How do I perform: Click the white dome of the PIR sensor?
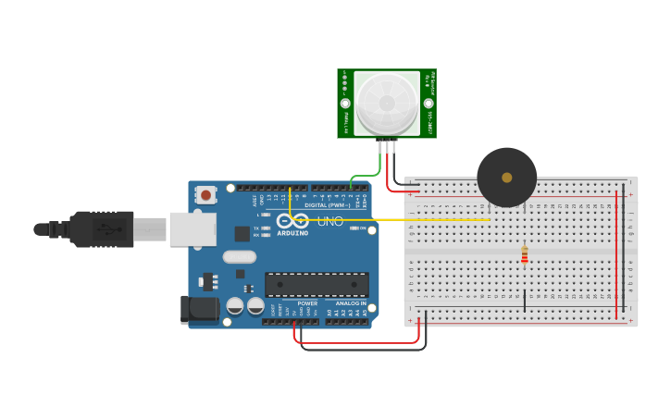(x=386, y=101)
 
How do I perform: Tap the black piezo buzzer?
(x=506, y=177)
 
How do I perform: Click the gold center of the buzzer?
(x=506, y=177)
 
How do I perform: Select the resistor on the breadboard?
(x=525, y=253)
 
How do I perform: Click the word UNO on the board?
(x=330, y=221)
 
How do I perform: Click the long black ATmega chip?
(x=317, y=285)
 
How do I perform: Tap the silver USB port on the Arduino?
(x=193, y=229)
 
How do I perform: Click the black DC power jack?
(x=198, y=310)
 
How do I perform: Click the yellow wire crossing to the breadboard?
(x=416, y=220)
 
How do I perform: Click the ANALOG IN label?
(x=350, y=303)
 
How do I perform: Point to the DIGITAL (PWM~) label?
(x=328, y=204)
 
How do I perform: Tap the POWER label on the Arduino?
(x=307, y=303)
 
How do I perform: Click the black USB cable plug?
(x=102, y=229)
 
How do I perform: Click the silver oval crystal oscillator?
(x=238, y=257)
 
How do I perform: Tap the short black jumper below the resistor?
(x=525, y=300)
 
